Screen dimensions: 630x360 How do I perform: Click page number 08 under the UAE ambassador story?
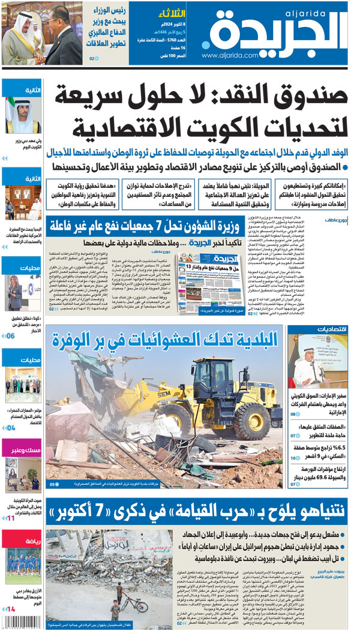[293, 414]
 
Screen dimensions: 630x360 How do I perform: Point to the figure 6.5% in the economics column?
[343, 448]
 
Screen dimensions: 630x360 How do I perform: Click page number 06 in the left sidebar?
[11, 336]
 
